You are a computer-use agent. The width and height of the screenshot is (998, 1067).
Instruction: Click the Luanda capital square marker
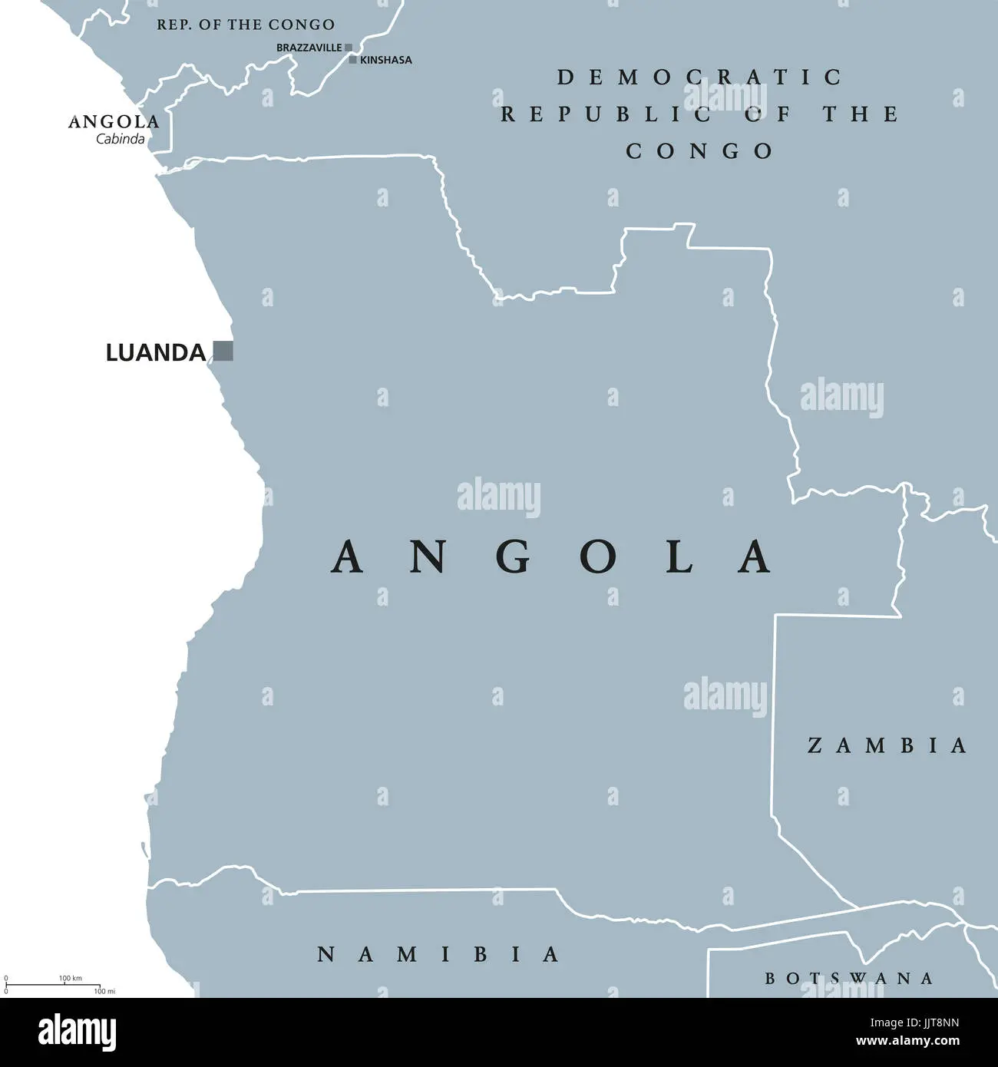pyautogui.click(x=223, y=351)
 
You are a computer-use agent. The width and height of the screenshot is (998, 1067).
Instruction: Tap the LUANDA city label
pyautogui.click(x=155, y=353)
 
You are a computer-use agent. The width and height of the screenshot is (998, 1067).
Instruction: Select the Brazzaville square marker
pyautogui.click(x=349, y=48)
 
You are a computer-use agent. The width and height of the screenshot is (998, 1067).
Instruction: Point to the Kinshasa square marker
pyautogui.click(x=353, y=59)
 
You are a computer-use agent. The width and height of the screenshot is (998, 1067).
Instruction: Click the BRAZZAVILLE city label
pyautogui.click(x=309, y=48)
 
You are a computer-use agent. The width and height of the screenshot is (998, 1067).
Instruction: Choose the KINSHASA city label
pyautogui.click(x=386, y=60)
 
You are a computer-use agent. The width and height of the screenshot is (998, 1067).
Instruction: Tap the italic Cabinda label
pyautogui.click(x=120, y=139)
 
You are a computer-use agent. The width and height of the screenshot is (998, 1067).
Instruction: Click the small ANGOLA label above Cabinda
pyautogui.click(x=114, y=122)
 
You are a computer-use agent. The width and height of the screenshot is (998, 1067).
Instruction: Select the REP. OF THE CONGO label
pyautogui.click(x=246, y=25)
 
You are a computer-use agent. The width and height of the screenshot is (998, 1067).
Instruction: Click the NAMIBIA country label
pyautogui.click(x=438, y=954)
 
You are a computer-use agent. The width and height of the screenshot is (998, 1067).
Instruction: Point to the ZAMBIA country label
pyautogui.click(x=887, y=745)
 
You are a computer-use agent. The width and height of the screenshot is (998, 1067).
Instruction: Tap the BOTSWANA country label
pyautogui.click(x=849, y=978)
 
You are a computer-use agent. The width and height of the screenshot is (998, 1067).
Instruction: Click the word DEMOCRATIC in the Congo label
pyautogui.click(x=699, y=77)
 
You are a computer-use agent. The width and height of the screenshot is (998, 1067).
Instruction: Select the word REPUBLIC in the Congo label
pyautogui.click(x=606, y=114)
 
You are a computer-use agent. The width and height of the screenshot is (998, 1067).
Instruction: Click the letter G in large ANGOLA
pyautogui.click(x=513, y=557)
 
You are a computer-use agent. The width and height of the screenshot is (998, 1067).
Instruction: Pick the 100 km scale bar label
pyautogui.click(x=70, y=978)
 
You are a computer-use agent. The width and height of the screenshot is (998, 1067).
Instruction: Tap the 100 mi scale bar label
pyautogui.click(x=104, y=991)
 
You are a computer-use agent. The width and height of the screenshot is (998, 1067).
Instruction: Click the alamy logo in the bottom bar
pyautogui.click(x=78, y=1032)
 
